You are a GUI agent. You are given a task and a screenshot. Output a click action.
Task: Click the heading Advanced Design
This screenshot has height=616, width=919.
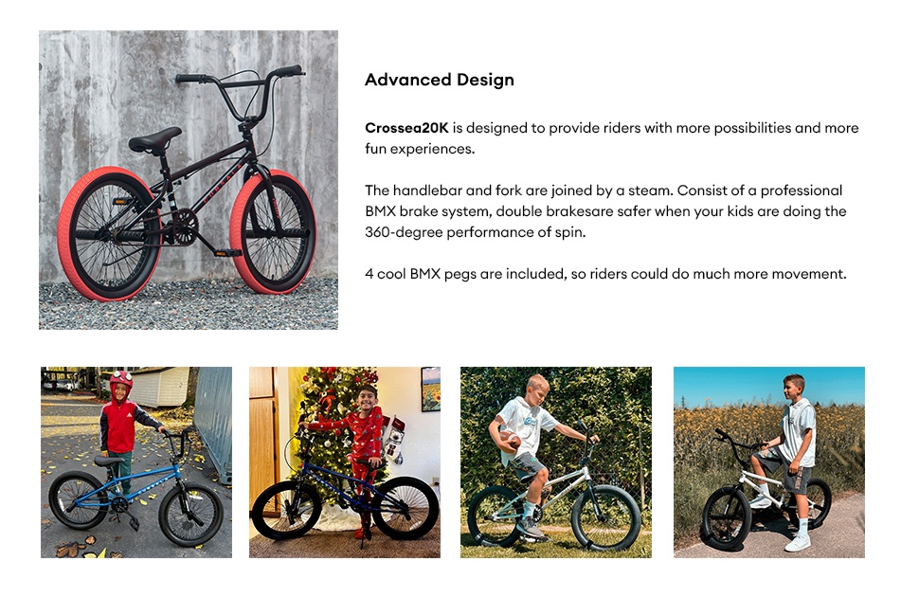439,80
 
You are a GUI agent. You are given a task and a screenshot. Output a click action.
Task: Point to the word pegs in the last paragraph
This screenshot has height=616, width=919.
456,274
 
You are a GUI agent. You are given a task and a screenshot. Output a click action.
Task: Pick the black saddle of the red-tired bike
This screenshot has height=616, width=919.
154,141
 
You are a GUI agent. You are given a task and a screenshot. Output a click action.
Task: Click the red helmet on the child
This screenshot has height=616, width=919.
121,382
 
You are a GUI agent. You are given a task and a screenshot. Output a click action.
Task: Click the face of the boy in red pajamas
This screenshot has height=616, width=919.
368,395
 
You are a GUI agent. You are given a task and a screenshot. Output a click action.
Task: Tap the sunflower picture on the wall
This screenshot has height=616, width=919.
430,389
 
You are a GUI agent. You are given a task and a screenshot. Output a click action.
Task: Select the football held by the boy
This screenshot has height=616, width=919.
511,442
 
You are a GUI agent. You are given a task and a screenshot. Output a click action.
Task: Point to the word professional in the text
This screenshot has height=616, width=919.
796,190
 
